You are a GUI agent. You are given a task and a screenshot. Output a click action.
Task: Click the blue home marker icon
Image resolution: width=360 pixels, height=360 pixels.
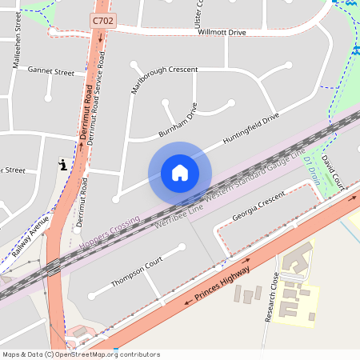[x=180, y=173]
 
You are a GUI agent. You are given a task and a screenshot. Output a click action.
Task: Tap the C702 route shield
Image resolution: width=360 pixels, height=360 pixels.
[x=102, y=20]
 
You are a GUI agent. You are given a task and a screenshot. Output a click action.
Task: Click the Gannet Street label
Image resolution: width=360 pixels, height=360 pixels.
[x=50, y=72]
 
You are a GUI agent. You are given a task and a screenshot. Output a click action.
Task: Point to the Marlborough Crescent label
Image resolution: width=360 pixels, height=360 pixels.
[x=165, y=70]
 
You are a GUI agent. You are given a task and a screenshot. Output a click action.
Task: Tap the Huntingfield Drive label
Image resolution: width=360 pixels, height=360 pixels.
[x=251, y=129]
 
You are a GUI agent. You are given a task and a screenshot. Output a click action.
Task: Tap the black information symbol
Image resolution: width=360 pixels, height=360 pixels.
[x=62, y=165]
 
